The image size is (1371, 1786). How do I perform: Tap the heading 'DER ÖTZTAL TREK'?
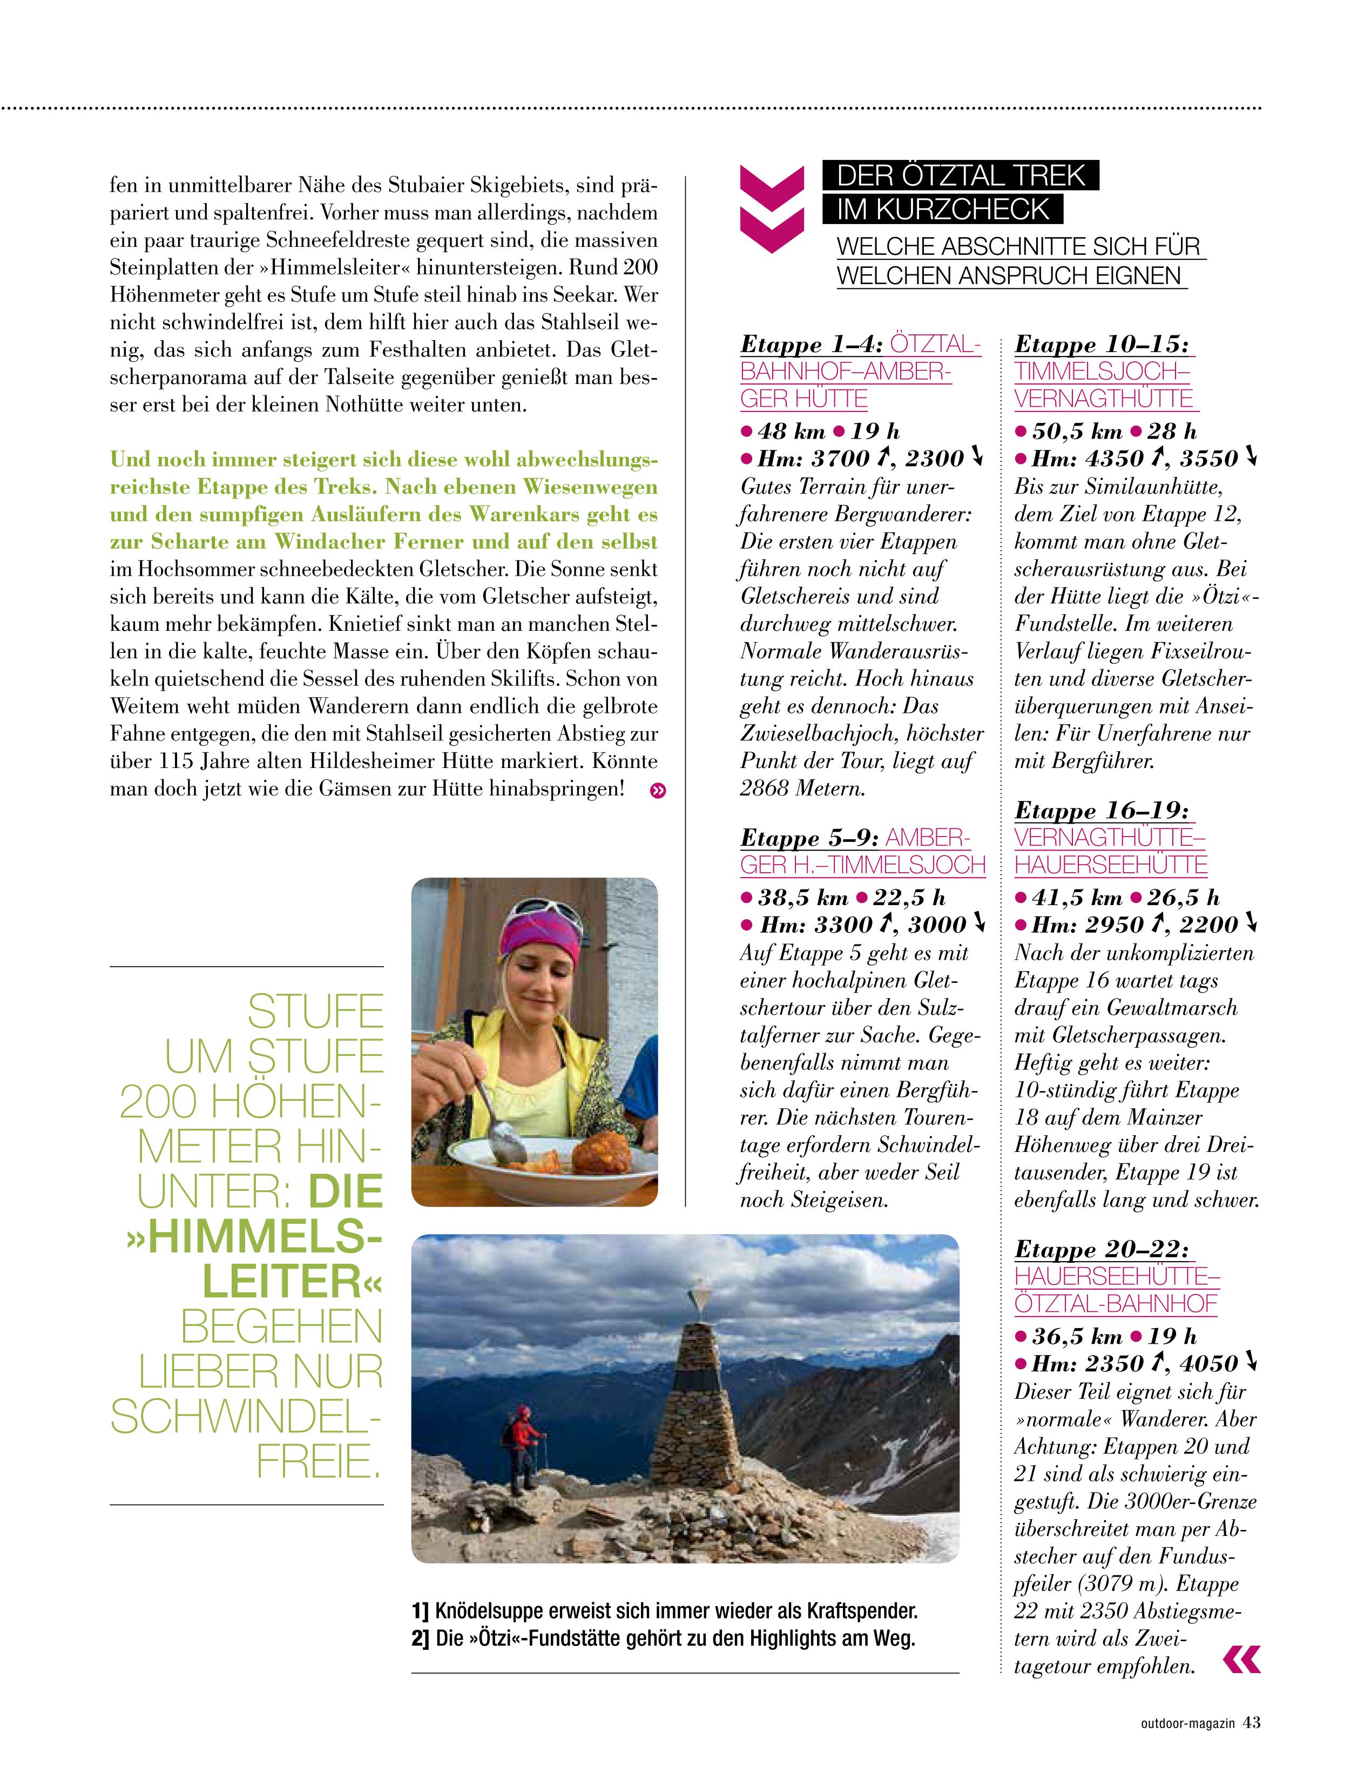(x=961, y=176)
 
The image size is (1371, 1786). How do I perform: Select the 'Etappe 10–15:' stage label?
(x=1102, y=345)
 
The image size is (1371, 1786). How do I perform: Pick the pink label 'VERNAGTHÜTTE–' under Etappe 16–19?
(x=1110, y=838)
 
